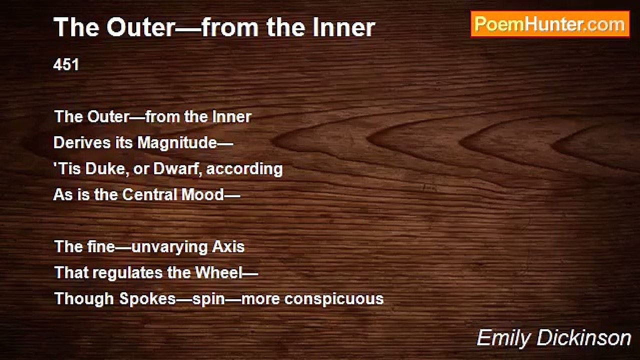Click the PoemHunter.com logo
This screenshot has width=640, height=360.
point(550,24)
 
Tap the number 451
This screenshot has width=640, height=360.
point(66,64)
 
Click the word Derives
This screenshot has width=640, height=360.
point(82,142)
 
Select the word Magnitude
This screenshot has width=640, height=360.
point(177,142)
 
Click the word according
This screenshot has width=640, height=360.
point(244,169)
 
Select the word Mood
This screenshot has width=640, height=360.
point(203,194)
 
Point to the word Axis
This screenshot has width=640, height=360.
point(228,246)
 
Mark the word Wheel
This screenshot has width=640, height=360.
point(219,272)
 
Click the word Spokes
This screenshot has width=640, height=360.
point(147,299)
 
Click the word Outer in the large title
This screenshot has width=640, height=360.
point(140,27)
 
